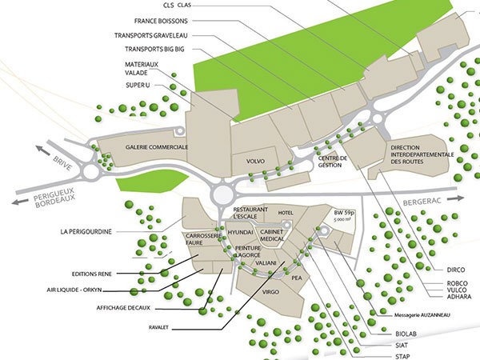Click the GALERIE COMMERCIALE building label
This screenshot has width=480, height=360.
pos(157,148)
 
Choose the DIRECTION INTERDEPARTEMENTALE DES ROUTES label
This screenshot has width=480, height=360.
pos(423,155)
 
